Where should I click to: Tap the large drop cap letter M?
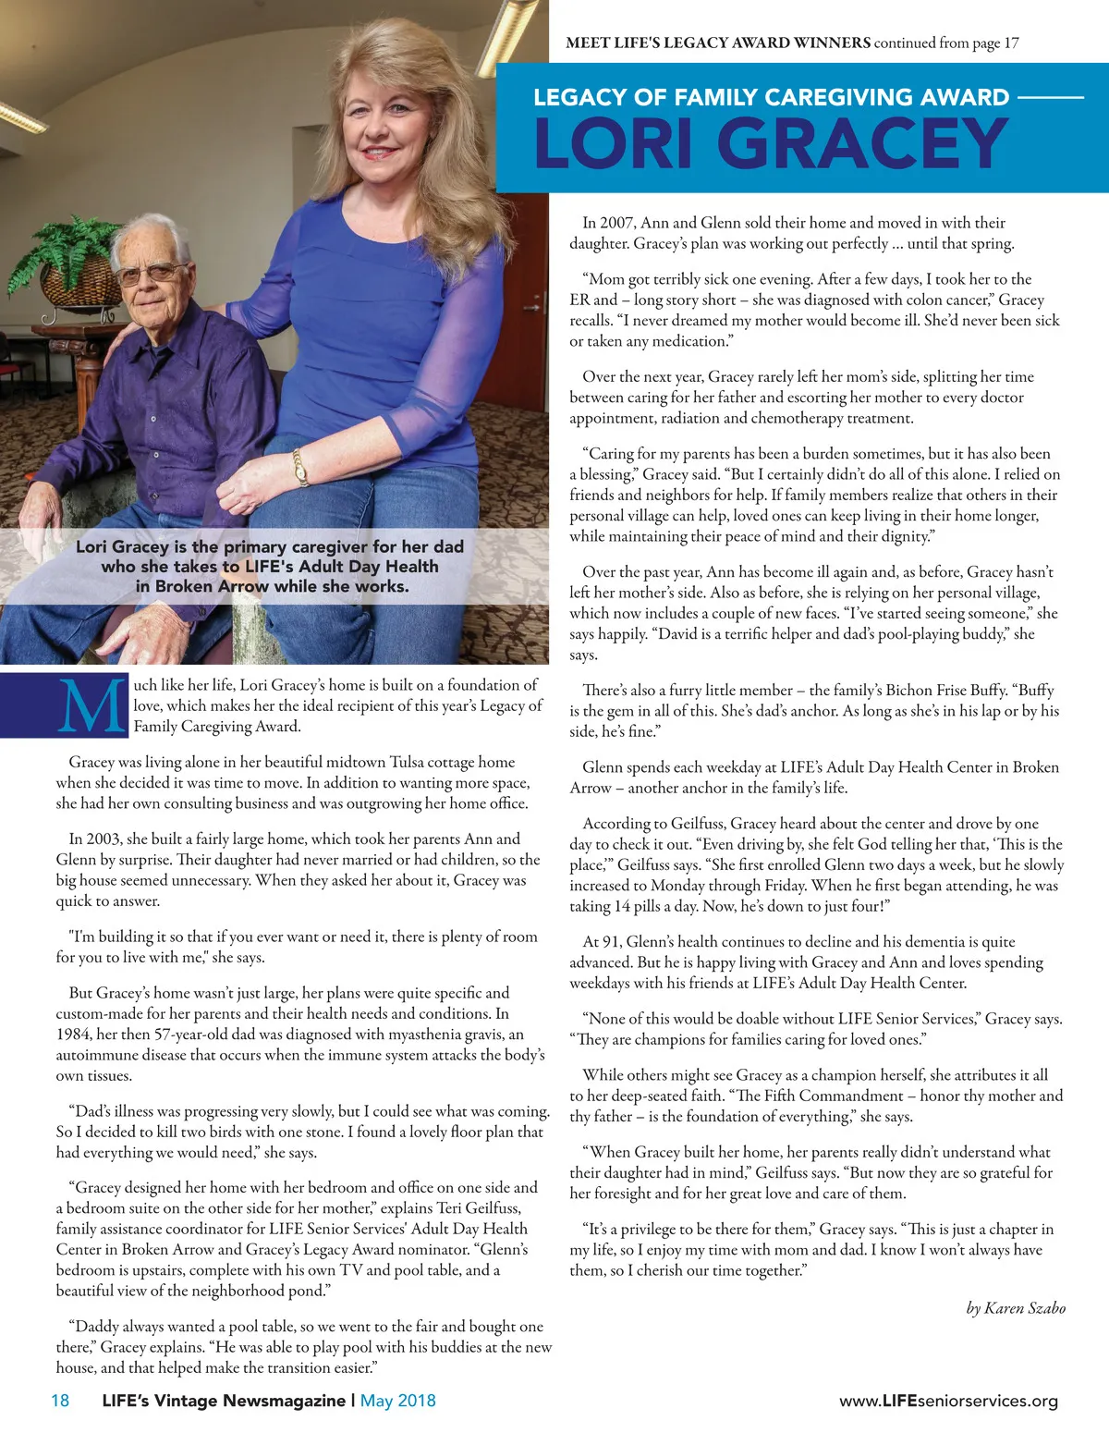point(91,707)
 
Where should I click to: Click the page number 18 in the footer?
point(60,1400)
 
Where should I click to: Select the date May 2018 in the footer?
point(397,1400)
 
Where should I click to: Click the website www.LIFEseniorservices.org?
point(948,1401)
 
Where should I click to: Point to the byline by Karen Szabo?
point(1016,1307)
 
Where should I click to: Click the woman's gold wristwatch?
point(300,468)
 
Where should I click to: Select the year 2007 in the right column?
point(617,223)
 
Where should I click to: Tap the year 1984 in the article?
point(74,1035)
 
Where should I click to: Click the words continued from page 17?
point(946,43)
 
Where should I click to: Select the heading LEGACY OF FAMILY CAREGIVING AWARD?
point(771,98)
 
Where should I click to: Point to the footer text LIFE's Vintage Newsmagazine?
point(223,1400)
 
